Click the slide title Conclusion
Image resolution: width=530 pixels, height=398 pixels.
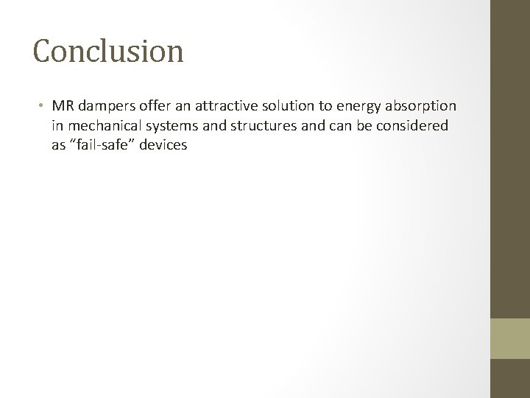pyautogui.click(x=108, y=51)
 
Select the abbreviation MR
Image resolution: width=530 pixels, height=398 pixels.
pyautogui.click(x=61, y=107)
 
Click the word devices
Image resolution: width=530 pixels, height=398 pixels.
pyautogui.click(x=166, y=145)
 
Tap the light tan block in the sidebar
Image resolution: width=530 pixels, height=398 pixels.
pyautogui.click(x=510, y=338)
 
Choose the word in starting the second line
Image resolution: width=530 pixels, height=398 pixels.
pyautogui.click(x=57, y=126)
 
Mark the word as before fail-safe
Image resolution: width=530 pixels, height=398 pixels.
pyautogui.click(x=59, y=145)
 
